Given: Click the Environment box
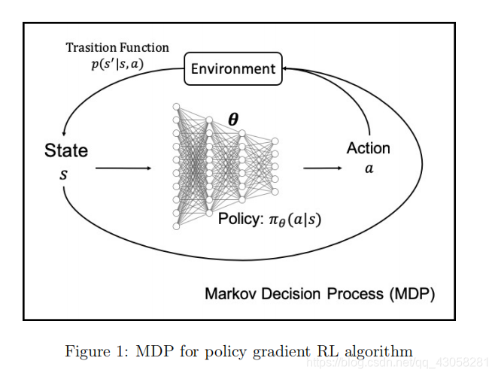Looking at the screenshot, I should tap(232, 69).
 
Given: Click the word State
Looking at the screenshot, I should tap(66, 150).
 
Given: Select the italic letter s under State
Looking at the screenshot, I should tap(63, 174).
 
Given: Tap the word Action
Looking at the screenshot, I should tap(368, 148).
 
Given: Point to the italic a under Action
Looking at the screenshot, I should tap(369, 169).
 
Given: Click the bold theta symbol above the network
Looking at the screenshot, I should tap(234, 120).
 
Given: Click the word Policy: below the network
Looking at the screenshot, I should tap(240, 220).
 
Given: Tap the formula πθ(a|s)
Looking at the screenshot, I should tap(296, 221).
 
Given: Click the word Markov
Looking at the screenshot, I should tap(232, 293).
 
